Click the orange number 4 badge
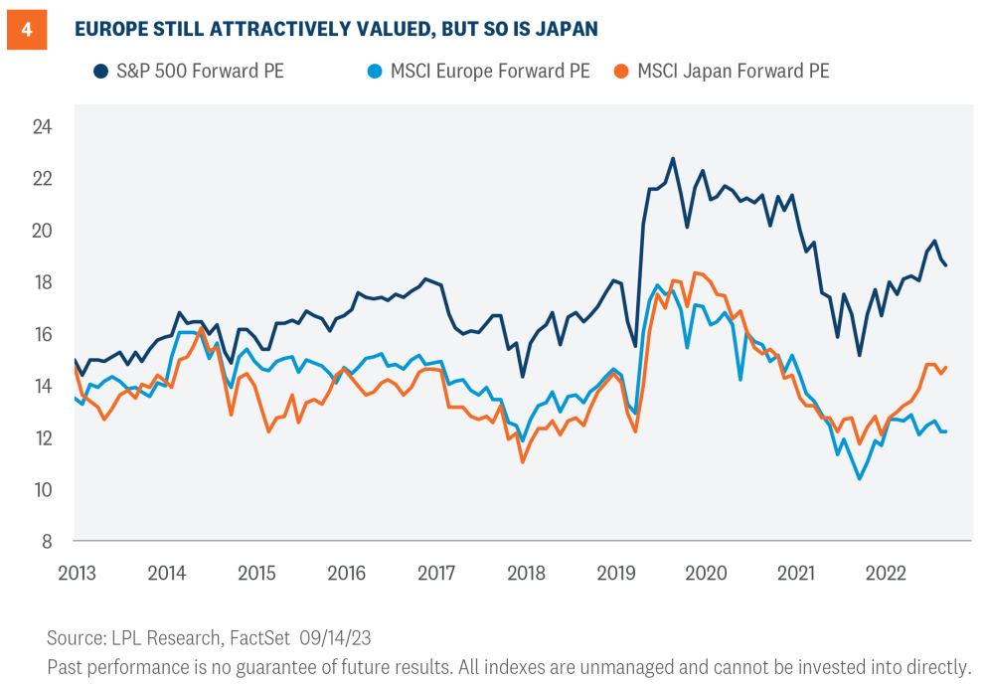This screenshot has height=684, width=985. click(x=27, y=29)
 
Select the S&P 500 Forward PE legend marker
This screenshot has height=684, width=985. click(x=100, y=71)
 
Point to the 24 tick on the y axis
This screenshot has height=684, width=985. click(x=41, y=127)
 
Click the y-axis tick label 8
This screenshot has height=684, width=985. click(x=46, y=542)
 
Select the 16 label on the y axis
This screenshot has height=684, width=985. click(x=41, y=334)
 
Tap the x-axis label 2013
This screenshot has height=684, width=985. click(x=77, y=574)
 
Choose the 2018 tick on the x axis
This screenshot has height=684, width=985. click(x=526, y=574)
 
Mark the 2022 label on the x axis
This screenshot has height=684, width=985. click(x=885, y=574)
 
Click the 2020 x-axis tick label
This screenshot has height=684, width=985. click(x=706, y=574)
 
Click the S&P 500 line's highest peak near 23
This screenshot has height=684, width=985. click(x=673, y=158)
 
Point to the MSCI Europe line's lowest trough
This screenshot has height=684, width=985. click(x=859, y=479)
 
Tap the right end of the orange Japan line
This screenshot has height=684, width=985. click(x=945, y=367)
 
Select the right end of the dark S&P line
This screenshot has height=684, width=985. click(x=945, y=265)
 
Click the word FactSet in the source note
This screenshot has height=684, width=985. click(x=259, y=637)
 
